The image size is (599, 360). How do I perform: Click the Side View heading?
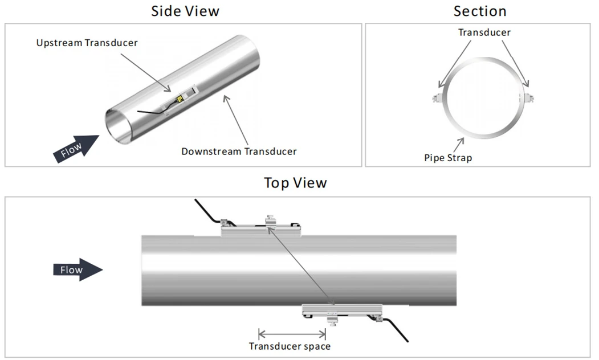point(185,11)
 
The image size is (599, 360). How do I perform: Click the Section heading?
point(480,11)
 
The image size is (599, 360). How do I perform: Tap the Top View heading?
point(295,183)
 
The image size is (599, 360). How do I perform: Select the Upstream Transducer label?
point(87,43)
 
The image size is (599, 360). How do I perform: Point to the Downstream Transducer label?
point(239,152)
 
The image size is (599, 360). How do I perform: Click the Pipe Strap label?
point(448,158)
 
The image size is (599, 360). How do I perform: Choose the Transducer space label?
point(290,346)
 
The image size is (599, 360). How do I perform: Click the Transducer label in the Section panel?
point(484,32)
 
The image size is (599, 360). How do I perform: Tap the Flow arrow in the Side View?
point(76,149)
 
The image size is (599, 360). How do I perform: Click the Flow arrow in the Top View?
point(78,270)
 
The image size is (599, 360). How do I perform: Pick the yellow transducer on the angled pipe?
point(179,100)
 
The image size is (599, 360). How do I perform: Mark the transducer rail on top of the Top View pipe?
point(261,228)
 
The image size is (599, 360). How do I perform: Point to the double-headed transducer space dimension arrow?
point(292,334)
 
